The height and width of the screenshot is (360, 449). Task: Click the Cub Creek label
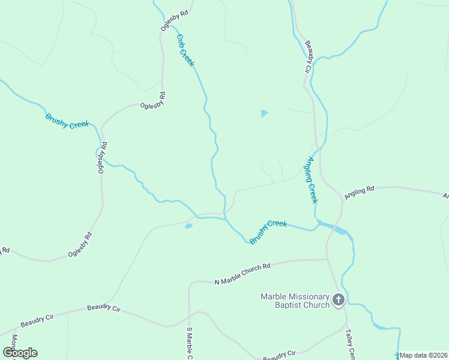click(x=185, y=50)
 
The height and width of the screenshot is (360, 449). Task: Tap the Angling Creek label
click(x=310, y=180)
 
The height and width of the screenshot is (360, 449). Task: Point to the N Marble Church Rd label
click(x=243, y=273)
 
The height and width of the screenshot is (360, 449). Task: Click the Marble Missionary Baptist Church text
click(x=295, y=301)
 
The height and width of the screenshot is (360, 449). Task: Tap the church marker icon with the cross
click(x=339, y=299)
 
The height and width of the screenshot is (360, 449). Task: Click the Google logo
click(x=20, y=353)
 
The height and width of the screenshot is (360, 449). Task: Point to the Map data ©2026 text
click(x=424, y=355)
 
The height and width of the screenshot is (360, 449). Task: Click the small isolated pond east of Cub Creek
click(x=264, y=113)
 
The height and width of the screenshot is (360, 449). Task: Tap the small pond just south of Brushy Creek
click(x=188, y=226)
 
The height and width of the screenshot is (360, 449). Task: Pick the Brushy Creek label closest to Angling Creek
click(x=268, y=231)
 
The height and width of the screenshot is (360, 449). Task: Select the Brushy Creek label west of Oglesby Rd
click(x=67, y=120)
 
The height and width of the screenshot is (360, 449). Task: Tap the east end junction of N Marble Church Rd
click(x=327, y=259)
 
